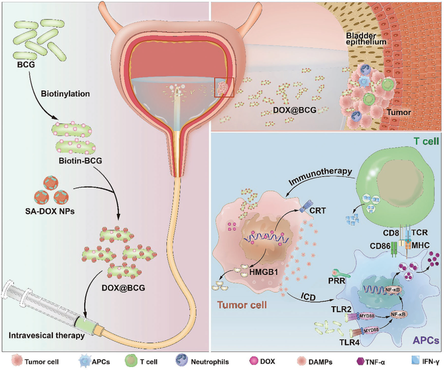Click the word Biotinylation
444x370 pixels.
coord(65,94)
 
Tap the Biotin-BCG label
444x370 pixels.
coord(80,161)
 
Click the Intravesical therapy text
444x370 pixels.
coord(47,336)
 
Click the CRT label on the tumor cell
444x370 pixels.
coord(318,211)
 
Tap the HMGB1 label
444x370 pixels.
coord(264,272)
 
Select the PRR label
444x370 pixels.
coord(337,282)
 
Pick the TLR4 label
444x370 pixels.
coord(350,342)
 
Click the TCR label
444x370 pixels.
coord(420,232)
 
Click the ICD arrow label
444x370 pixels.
coord(308,297)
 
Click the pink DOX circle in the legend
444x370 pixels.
coord(254,361)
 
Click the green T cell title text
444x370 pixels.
coord(426,141)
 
